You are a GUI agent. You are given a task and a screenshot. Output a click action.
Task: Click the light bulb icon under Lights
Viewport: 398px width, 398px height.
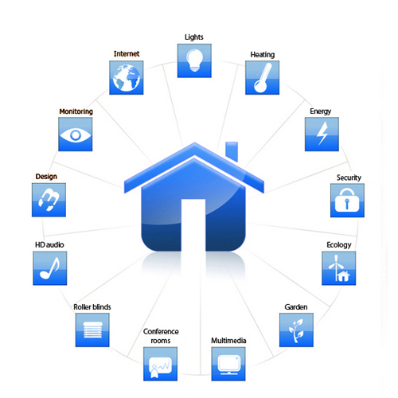194,60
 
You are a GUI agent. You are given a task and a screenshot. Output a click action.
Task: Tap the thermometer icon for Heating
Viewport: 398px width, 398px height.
262,77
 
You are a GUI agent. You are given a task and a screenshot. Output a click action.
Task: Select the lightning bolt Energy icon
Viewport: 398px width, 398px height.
322,135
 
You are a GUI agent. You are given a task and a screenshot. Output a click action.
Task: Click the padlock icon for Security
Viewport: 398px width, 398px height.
347,201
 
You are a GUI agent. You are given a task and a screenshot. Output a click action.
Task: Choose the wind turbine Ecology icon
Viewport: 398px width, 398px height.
339,268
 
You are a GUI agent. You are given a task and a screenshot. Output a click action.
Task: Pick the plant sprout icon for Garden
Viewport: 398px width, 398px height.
296,330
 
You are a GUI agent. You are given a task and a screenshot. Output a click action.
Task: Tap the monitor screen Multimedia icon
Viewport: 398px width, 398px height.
228,364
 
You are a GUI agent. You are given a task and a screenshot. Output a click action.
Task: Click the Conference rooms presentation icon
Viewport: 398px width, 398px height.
160,364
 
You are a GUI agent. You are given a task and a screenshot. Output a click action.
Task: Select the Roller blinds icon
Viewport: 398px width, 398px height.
92,330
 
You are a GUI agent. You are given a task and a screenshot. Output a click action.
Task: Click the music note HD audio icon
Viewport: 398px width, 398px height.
50,268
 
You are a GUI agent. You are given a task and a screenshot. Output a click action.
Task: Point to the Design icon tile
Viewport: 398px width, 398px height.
49,200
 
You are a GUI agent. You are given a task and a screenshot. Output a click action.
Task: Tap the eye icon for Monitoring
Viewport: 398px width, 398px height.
76,135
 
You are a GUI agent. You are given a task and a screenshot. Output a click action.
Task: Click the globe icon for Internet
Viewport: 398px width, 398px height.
127,77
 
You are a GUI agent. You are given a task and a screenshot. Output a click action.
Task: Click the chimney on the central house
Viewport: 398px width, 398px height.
232,151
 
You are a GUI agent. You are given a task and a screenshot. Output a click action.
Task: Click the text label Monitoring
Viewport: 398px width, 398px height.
76,111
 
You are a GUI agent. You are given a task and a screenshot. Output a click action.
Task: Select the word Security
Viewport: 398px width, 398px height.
349,178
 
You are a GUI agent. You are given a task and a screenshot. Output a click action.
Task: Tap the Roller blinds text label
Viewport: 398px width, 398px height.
92,307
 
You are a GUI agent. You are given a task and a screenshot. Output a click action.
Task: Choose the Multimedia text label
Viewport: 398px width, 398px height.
228,341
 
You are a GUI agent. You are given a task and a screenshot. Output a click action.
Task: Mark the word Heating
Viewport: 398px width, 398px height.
263,55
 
